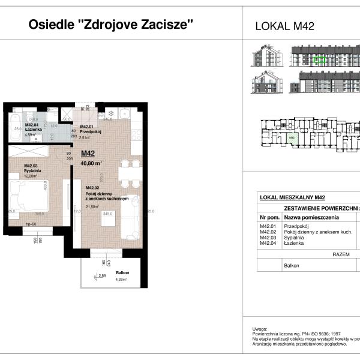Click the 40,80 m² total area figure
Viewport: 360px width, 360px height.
coord(91,161)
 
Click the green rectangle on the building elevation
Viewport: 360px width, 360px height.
coord(321,59)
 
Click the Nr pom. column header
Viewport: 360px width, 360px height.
coord(267,217)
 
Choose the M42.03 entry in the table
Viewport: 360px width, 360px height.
coord(267,238)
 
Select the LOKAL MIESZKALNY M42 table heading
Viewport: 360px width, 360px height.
coord(292,197)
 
